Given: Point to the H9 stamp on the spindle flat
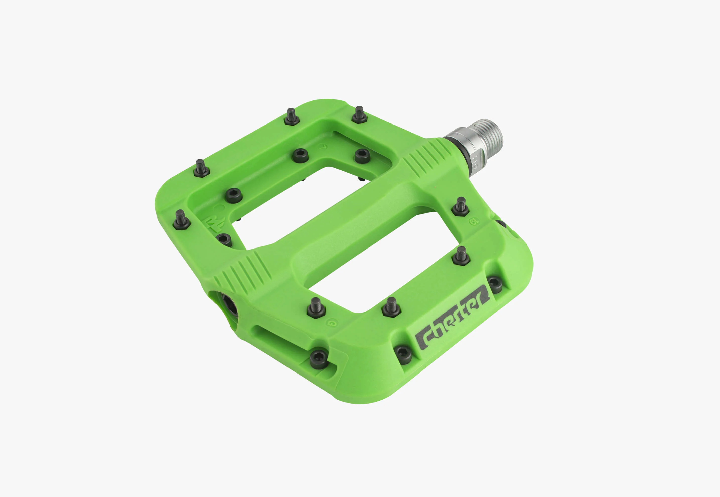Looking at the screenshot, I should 475,162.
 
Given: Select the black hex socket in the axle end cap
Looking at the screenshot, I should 230,305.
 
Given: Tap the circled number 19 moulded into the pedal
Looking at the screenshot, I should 474,221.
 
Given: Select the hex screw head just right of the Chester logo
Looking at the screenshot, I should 495,284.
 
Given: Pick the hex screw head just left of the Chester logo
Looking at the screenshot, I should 403,354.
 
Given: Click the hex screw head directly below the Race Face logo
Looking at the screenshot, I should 224,240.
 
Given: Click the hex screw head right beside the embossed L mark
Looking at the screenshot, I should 300,155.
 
